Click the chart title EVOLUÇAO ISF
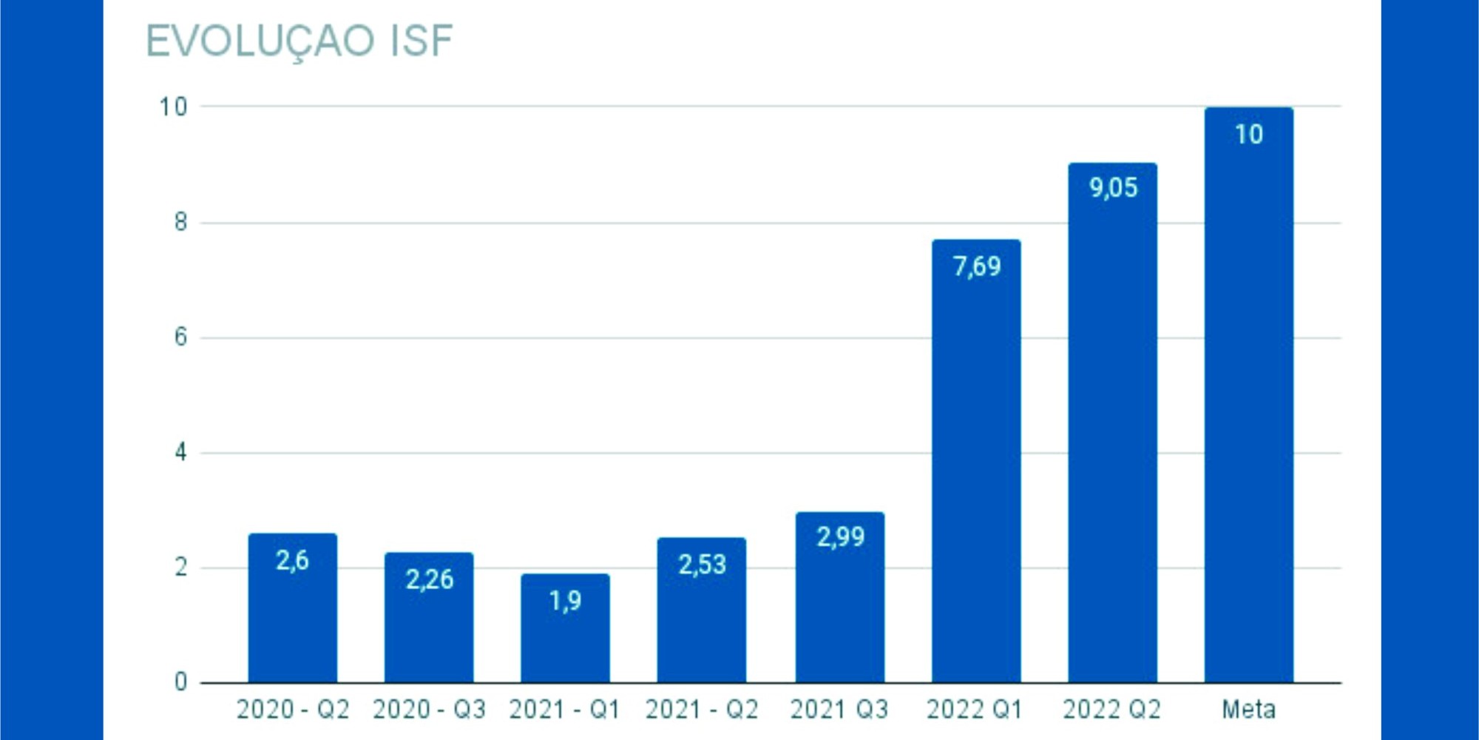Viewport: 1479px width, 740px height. pos(299,41)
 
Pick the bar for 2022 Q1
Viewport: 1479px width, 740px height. pos(976,474)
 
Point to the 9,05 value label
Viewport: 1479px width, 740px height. pos(1113,188)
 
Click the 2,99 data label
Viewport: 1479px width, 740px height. pos(840,536)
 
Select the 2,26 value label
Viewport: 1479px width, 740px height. pos(429,579)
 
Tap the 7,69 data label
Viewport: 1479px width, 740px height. pos(976,266)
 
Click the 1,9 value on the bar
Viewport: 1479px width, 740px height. pos(565,601)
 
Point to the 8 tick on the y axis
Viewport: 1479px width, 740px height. pos(180,222)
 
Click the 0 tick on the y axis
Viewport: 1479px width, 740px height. pos(180,682)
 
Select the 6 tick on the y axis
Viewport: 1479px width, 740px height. pos(180,337)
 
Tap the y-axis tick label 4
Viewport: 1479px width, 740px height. pos(180,452)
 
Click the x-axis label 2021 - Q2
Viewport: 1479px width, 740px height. pos(702,710)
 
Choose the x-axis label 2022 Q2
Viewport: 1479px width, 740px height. pos(1111,710)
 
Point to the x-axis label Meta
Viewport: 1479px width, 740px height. pos(1248,710)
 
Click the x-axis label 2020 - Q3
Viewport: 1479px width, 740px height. pos(429,710)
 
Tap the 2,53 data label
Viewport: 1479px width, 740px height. pos(702,565)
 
